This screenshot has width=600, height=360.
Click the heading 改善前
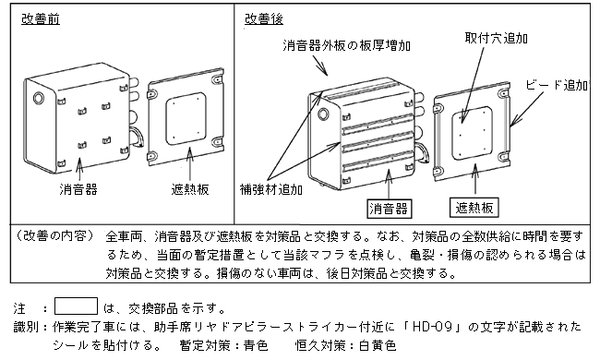tap(41, 18)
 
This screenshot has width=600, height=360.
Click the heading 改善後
tap(264, 18)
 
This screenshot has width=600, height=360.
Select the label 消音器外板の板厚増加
tap(347, 45)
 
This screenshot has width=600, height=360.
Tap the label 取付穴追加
tap(497, 38)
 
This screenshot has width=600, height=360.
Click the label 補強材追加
tap(270, 189)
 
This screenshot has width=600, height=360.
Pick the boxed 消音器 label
tap(389, 209)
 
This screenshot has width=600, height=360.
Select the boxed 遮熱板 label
tap(474, 208)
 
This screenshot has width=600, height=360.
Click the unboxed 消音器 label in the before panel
tap(78, 189)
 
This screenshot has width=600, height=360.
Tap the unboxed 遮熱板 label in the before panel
tap(190, 189)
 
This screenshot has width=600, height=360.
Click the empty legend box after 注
tap(76, 306)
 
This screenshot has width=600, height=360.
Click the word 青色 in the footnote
tap(256, 345)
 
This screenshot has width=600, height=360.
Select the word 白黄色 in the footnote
tap(378, 345)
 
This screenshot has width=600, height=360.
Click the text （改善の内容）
tap(54, 236)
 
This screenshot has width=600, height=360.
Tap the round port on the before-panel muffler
tap(39, 98)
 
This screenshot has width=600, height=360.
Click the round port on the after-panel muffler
tap(323, 114)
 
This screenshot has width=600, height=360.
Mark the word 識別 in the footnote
tap(26, 327)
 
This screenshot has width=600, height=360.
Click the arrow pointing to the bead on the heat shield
tap(526, 110)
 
